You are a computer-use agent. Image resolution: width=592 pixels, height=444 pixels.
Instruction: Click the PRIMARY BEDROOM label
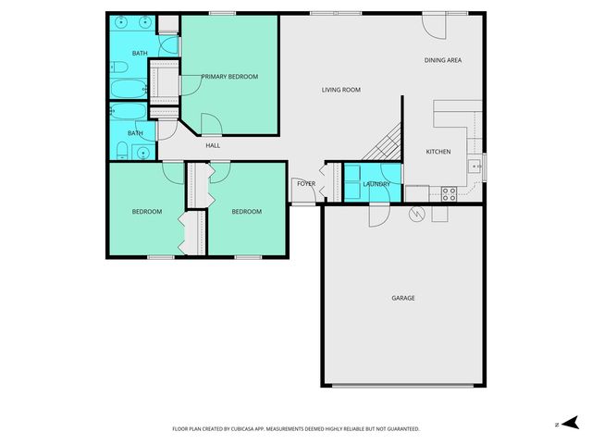tap(229, 76)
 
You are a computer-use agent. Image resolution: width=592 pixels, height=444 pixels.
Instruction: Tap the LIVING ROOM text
tap(340, 90)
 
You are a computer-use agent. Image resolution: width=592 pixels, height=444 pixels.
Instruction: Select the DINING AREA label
tap(442, 60)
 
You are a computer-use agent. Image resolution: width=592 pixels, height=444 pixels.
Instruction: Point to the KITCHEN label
tap(438, 152)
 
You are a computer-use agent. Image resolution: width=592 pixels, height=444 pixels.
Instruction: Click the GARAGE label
tap(402, 298)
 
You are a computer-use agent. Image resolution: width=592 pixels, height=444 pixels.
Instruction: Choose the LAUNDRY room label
tap(376, 184)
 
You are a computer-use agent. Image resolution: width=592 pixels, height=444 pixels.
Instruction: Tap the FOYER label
tap(306, 183)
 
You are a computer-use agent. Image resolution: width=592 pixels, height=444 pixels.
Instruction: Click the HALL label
tap(213, 145)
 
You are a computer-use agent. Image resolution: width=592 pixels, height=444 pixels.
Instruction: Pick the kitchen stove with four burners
tap(449, 194)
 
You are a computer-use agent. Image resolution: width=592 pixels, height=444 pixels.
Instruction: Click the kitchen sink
tap(473, 166)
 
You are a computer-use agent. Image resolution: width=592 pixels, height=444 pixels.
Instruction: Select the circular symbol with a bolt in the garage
tap(416, 215)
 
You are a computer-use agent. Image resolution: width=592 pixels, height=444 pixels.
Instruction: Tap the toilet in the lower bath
tap(123, 151)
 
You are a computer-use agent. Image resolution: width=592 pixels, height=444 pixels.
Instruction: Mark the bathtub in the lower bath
tap(128, 112)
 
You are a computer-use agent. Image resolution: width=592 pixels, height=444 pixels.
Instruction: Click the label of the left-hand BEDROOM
tap(146, 212)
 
